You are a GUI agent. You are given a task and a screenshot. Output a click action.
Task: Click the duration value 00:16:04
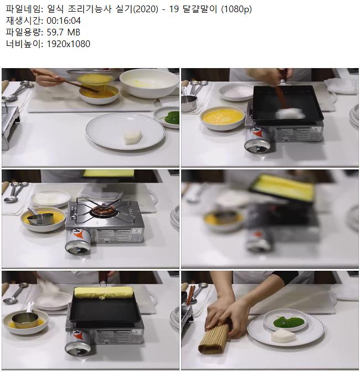(64, 20)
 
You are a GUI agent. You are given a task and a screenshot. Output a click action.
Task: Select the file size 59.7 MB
(63, 32)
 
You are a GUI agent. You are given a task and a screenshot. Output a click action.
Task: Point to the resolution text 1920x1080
(68, 44)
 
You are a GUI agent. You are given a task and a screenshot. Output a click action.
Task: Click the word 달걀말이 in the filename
(200, 9)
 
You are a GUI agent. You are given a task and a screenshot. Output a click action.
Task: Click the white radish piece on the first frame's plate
(133, 137)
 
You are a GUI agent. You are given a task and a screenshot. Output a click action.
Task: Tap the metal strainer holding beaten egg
(95, 76)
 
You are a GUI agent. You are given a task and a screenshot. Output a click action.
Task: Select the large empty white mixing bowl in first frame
(149, 83)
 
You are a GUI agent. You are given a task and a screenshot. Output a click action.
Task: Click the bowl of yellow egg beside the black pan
(223, 118)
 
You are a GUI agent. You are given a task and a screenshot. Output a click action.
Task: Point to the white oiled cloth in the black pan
(290, 113)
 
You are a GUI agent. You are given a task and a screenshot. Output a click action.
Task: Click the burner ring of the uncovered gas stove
(102, 209)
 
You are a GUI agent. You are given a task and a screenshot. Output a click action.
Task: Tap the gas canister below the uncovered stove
(78, 241)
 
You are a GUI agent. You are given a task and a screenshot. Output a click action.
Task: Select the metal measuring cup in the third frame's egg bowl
(41, 216)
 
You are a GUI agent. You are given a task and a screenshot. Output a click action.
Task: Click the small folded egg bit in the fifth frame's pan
(102, 298)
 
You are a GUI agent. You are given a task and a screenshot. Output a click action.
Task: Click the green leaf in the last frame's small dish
(289, 322)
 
